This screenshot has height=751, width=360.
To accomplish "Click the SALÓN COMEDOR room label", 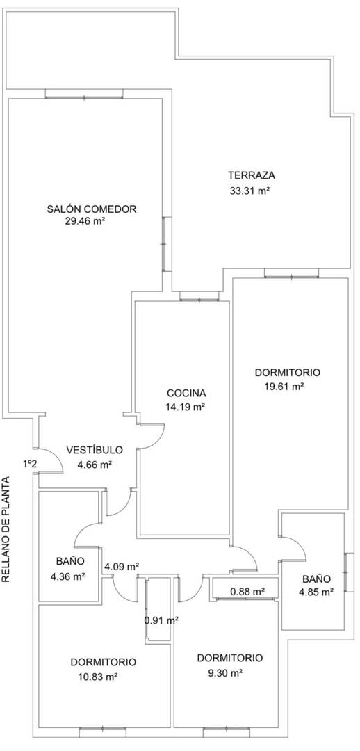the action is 92,209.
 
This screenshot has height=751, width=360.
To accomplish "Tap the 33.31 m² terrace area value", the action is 250,191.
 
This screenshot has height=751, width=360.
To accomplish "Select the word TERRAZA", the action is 252,175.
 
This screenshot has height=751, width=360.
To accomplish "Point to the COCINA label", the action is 187,393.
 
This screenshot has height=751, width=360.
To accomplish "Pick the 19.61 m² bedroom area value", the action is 284,386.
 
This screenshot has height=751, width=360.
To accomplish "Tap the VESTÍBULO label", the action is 95,450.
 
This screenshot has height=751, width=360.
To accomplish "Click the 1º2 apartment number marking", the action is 30,463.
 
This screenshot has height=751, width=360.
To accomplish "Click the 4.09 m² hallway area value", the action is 122,566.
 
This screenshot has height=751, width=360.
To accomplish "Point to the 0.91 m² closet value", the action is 162,620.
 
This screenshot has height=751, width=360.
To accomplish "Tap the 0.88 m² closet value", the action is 248,592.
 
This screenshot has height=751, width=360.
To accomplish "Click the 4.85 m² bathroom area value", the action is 316,592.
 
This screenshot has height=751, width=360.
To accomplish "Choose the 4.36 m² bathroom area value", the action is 67,576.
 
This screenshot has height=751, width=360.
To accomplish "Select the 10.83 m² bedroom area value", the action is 98,677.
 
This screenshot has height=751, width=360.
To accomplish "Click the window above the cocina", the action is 199,300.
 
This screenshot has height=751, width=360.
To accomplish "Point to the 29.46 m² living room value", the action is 85,221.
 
